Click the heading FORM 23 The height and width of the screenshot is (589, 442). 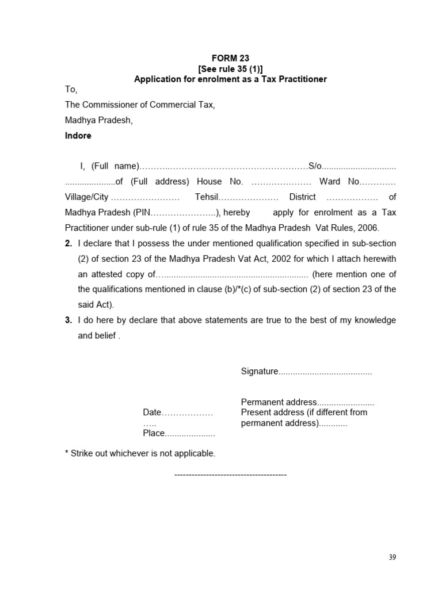pyautogui.click(x=230, y=58)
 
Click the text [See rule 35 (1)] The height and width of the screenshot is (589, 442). pyautogui.click(x=230, y=68)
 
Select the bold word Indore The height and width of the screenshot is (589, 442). pyautogui.click(x=78, y=136)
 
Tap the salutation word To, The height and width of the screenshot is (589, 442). pyautogui.click(x=71, y=89)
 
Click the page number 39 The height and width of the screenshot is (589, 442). pyautogui.click(x=393, y=557)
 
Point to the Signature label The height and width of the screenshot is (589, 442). pyautogui.click(x=260, y=372)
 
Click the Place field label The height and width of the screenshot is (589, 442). pyautogui.click(x=154, y=433)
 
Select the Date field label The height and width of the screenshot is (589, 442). pyautogui.click(x=152, y=412)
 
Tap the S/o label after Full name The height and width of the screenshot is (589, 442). pyautogui.click(x=315, y=166)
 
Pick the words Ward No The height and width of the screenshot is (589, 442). pyautogui.click(x=340, y=182)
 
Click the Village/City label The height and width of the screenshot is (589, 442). pyautogui.click(x=86, y=197)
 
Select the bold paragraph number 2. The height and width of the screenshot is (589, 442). pyautogui.click(x=68, y=244)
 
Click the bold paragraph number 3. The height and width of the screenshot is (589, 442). pyautogui.click(x=68, y=320)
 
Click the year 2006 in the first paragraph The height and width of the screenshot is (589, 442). pyautogui.click(x=368, y=228)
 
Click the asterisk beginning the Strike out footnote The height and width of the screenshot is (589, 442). pyautogui.click(x=67, y=453)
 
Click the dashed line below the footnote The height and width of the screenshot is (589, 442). pyautogui.click(x=230, y=475)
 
